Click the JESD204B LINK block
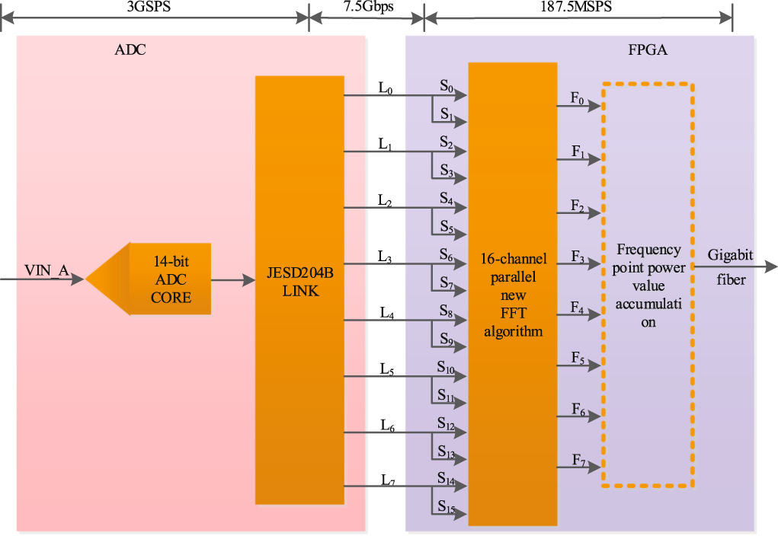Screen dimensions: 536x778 299,281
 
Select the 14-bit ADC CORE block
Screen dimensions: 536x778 169,279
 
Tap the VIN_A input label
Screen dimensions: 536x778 46,270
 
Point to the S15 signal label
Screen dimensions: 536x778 446,508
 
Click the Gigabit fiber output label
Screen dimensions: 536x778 730,266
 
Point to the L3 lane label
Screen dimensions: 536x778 386,257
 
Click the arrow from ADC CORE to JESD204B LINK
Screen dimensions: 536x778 232,280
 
